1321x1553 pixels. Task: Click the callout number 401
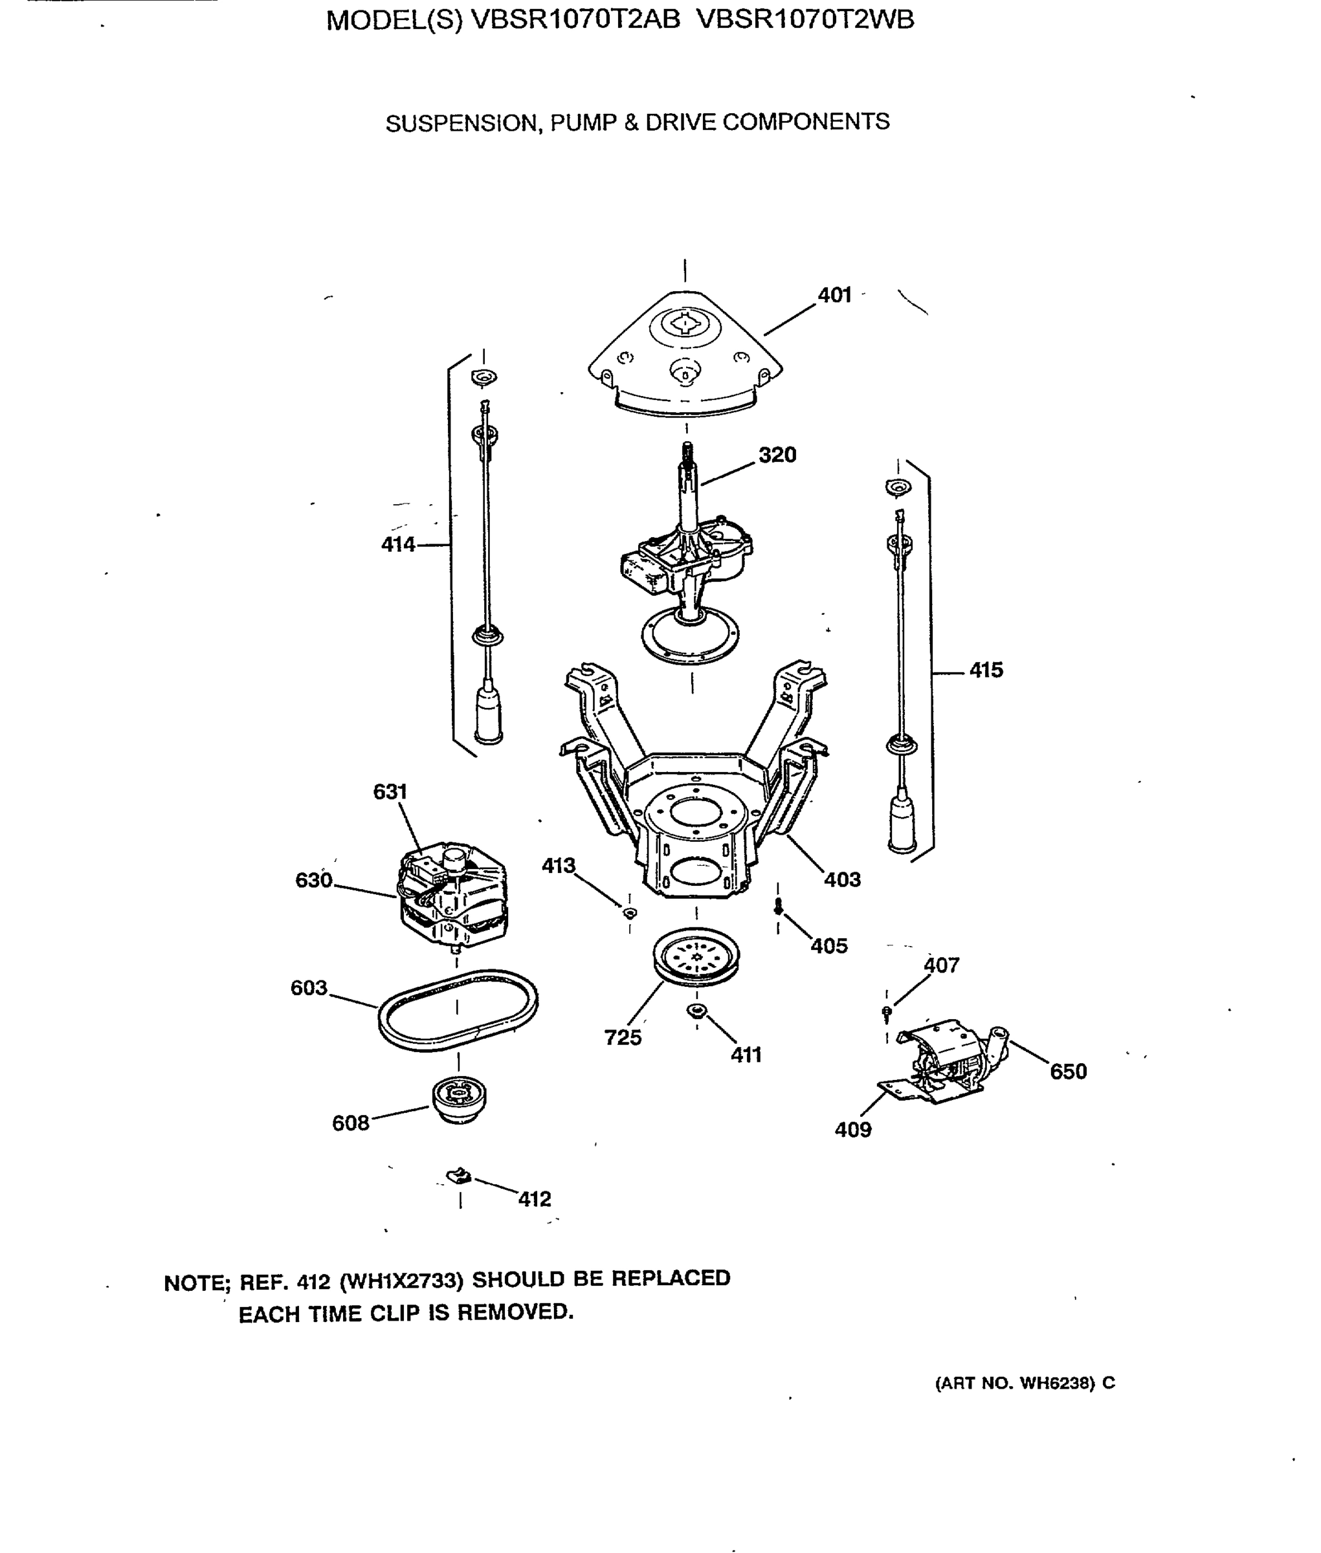(834, 295)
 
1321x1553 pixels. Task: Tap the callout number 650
(1068, 1072)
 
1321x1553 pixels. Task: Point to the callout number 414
(397, 544)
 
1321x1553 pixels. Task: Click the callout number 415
(986, 670)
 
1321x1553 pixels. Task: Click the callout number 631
(390, 791)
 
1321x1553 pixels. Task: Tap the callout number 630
(313, 880)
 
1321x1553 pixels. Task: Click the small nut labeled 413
(630, 912)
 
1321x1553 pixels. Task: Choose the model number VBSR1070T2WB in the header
(805, 19)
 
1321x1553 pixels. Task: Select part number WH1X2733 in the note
(401, 1281)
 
